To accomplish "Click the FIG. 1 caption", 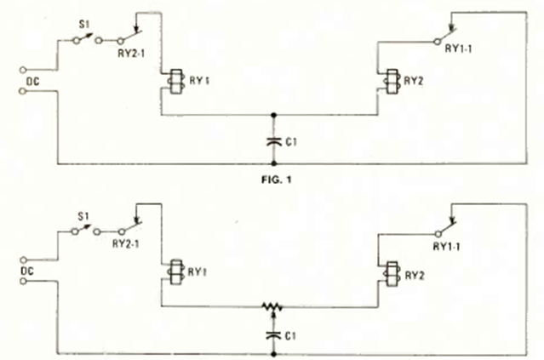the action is (x=276, y=180).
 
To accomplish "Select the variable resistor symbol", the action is (x=272, y=307).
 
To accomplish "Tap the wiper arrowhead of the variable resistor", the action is (x=273, y=314).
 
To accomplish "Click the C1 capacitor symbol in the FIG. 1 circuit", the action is (x=274, y=141).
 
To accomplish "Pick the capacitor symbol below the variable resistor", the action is (x=273, y=335).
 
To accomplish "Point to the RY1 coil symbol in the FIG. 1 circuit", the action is (x=175, y=82).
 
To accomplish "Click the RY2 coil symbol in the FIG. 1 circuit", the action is (x=392, y=82).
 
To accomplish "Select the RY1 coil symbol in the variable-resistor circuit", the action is (x=176, y=272).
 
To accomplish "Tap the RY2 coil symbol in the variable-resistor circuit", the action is (x=392, y=274).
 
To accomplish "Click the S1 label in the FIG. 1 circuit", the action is (x=84, y=25).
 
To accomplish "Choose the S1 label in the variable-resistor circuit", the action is (x=83, y=217).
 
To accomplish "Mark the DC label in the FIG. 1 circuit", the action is (x=33, y=82).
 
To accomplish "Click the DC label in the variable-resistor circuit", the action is (x=27, y=271).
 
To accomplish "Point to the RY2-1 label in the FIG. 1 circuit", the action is (x=131, y=54).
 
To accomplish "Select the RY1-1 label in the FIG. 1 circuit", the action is (x=458, y=49).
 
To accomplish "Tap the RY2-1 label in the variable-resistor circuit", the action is (x=126, y=243).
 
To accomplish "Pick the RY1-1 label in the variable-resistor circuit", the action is (x=446, y=247).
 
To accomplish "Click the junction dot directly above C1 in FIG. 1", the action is (x=274, y=115).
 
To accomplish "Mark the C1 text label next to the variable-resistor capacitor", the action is (x=290, y=336).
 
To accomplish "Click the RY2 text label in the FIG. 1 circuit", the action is (x=414, y=81).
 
